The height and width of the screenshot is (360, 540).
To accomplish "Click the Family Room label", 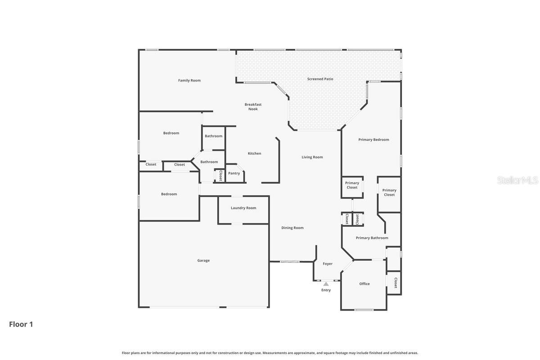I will point(189,81).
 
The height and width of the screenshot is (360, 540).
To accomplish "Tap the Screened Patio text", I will point(320,79).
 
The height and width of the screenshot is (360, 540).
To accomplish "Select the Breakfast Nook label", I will point(253,107).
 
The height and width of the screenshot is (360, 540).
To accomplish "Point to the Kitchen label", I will point(254,153).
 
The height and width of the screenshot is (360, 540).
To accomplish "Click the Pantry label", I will point(234,173).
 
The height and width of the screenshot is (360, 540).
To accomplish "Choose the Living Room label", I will point(312,157).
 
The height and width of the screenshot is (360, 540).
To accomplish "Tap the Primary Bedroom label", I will point(373,139).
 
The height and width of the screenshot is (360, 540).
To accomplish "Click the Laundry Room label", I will point(243,208).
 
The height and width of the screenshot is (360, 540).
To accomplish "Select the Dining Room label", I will point(292,228).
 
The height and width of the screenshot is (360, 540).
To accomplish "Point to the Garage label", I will point(203,261).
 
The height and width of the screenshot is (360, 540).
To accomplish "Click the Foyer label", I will point(328,264).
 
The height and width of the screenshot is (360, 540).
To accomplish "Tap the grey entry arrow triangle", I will point(326,284).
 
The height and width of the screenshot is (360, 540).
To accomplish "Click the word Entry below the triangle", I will point(326,290).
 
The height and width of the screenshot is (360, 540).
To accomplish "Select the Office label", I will point(364,284).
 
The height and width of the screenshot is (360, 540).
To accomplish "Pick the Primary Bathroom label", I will point(372,238).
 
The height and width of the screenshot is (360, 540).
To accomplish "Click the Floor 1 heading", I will point(21,324).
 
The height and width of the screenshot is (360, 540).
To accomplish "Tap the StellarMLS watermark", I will point(517,180).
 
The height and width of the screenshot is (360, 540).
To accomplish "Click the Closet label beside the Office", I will point(396,283).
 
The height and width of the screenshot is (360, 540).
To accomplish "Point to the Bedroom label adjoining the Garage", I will point(169,194).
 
